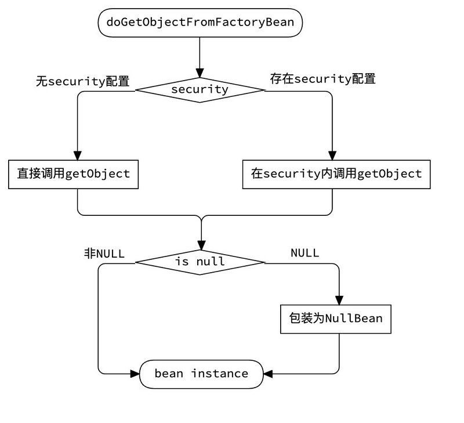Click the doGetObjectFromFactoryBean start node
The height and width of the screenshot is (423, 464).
click(200, 23)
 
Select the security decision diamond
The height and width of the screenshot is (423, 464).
click(200, 89)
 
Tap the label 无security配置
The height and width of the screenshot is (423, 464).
click(82, 81)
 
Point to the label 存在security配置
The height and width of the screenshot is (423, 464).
click(323, 78)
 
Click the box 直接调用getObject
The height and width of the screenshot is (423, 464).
click(74, 173)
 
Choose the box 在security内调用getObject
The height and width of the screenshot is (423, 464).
click(336, 173)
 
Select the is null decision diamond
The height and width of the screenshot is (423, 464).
click(200, 262)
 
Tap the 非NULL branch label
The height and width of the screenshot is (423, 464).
click(104, 253)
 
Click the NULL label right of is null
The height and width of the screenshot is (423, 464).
click(304, 253)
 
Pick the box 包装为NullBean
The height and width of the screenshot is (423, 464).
click(336, 319)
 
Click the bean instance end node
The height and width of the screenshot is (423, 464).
click(201, 373)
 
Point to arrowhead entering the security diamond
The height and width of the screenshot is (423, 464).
click(200, 73)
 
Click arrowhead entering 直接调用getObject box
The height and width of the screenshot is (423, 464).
click(77, 155)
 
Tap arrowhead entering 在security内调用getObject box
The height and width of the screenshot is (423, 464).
click(332, 155)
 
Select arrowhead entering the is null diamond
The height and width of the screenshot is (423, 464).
click(201, 245)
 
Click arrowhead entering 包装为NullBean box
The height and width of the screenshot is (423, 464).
click(339, 300)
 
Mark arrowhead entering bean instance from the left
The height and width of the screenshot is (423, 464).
click(135, 374)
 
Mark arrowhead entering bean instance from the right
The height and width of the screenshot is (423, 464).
click(267, 374)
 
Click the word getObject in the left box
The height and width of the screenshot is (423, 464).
click(97, 173)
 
